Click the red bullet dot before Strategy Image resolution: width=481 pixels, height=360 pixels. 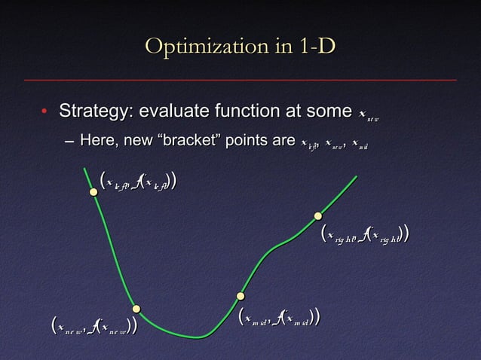coord(44,113)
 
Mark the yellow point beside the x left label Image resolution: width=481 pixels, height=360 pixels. coord(93,192)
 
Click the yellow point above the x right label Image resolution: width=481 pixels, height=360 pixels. coord(318,216)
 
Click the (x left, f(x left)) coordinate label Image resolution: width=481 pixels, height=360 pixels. coord(139,182)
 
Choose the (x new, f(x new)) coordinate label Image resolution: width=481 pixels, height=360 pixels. coord(93,327)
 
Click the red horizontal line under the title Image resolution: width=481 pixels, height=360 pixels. coord(240,79)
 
